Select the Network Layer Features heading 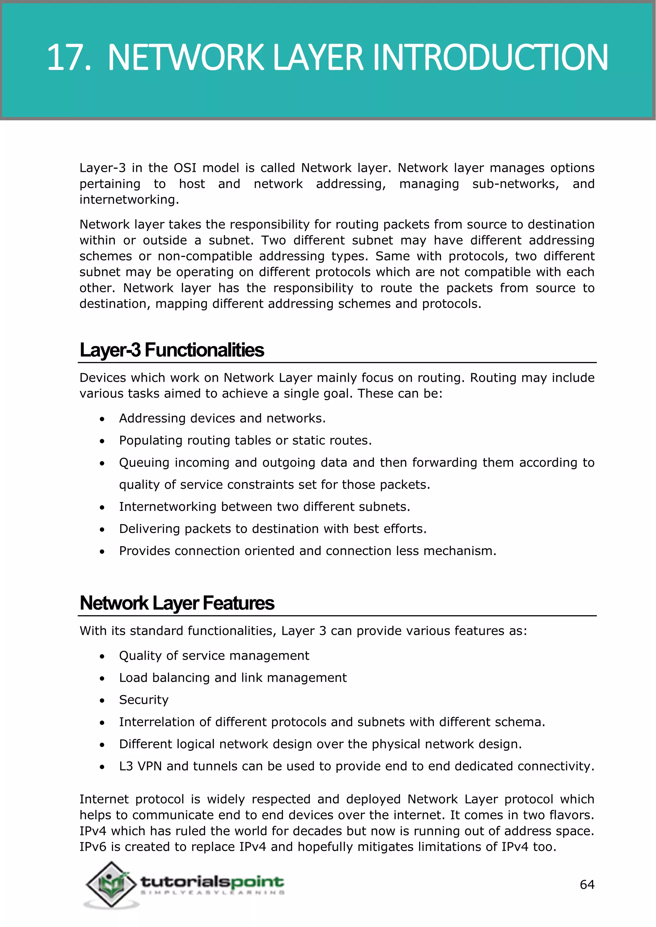click(x=177, y=603)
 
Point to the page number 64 click(x=587, y=885)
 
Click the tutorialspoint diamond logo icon click(x=111, y=884)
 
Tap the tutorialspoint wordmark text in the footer click(x=212, y=882)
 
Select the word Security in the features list click(x=143, y=700)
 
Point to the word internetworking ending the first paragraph click(x=128, y=200)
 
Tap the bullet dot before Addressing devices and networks click(x=102, y=419)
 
